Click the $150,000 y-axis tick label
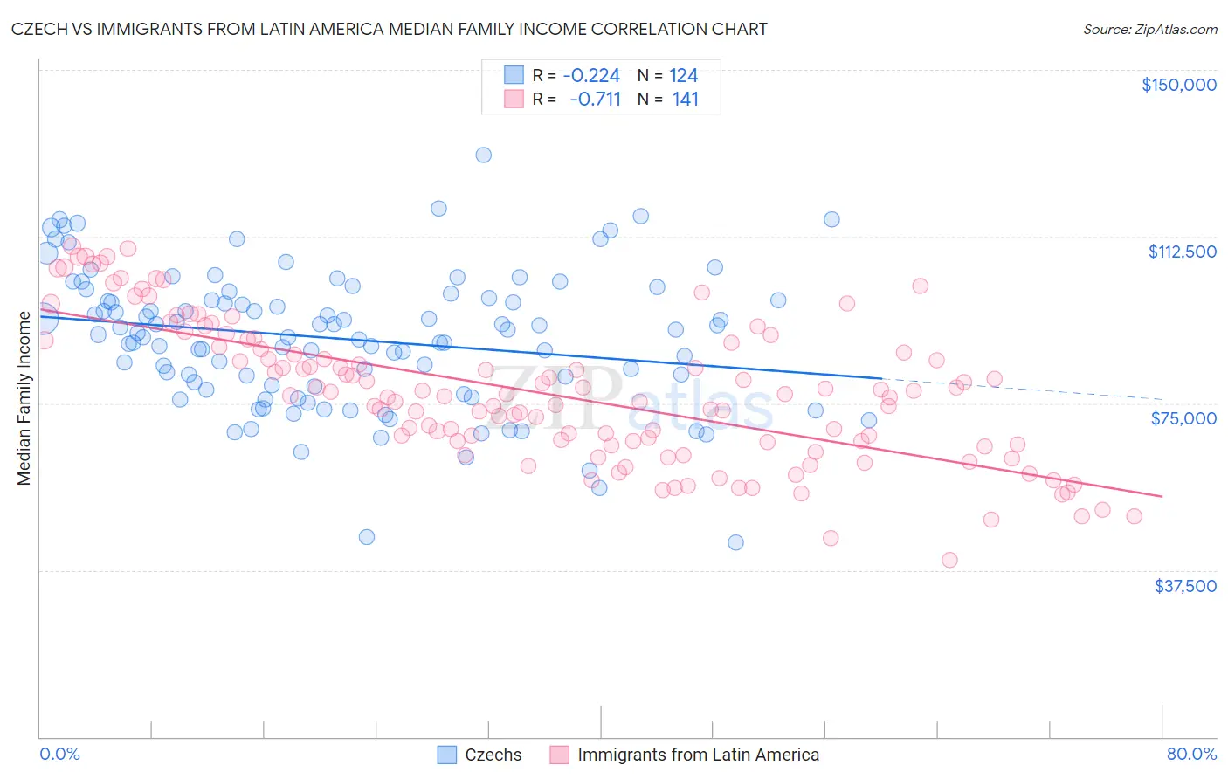click(x=1178, y=85)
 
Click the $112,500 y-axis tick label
click(x=1182, y=252)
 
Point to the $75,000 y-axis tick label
click(x=1183, y=418)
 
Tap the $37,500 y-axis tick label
click(x=1185, y=585)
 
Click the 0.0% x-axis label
click(x=59, y=754)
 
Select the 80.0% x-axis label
click(x=1191, y=754)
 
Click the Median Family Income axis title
click(x=24, y=397)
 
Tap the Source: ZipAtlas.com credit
click(x=1149, y=29)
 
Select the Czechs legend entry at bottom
click(x=493, y=755)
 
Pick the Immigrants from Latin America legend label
click(x=698, y=755)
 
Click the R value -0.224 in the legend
click(x=591, y=75)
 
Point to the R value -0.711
click(x=595, y=99)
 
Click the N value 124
click(x=683, y=75)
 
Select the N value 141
click(x=686, y=99)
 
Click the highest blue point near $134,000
click(x=483, y=155)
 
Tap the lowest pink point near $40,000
click(x=949, y=560)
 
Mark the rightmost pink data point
click(x=1134, y=516)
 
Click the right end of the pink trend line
click(x=1162, y=496)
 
